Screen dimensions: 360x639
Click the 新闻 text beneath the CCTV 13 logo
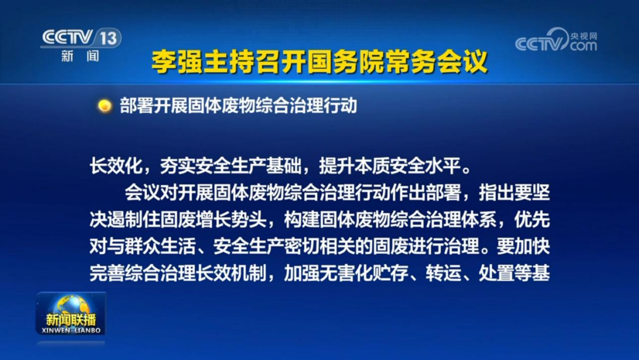(x=80, y=56)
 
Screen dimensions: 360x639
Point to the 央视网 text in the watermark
(x=583, y=36)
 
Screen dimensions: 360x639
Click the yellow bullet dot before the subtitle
(x=105, y=106)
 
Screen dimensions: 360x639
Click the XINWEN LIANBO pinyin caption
(x=72, y=330)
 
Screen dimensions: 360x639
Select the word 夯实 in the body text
(x=186, y=166)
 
